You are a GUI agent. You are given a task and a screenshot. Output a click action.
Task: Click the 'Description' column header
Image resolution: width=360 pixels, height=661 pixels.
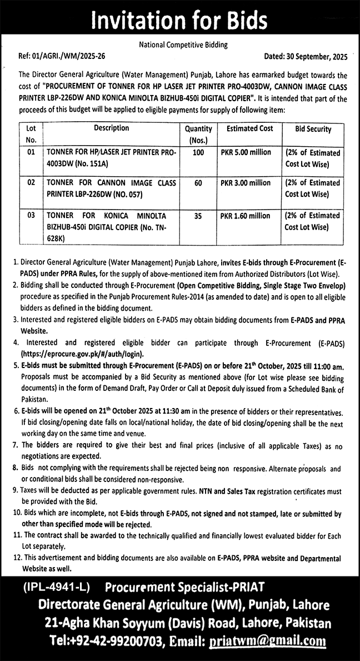click(x=111, y=128)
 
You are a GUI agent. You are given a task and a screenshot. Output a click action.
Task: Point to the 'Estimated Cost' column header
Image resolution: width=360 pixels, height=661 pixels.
click(x=249, y=128)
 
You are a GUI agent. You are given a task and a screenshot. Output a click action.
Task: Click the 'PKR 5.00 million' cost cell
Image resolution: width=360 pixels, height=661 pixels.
click(x=246, y=152)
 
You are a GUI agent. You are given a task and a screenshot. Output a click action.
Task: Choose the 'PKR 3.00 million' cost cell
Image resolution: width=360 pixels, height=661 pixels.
click(x=246, y=183)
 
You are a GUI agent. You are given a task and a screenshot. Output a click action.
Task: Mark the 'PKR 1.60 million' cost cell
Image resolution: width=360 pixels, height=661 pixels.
click(x=246, y=216)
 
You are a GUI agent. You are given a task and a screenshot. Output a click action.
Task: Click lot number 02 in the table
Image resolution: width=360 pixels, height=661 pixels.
click(x=31, y=182)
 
